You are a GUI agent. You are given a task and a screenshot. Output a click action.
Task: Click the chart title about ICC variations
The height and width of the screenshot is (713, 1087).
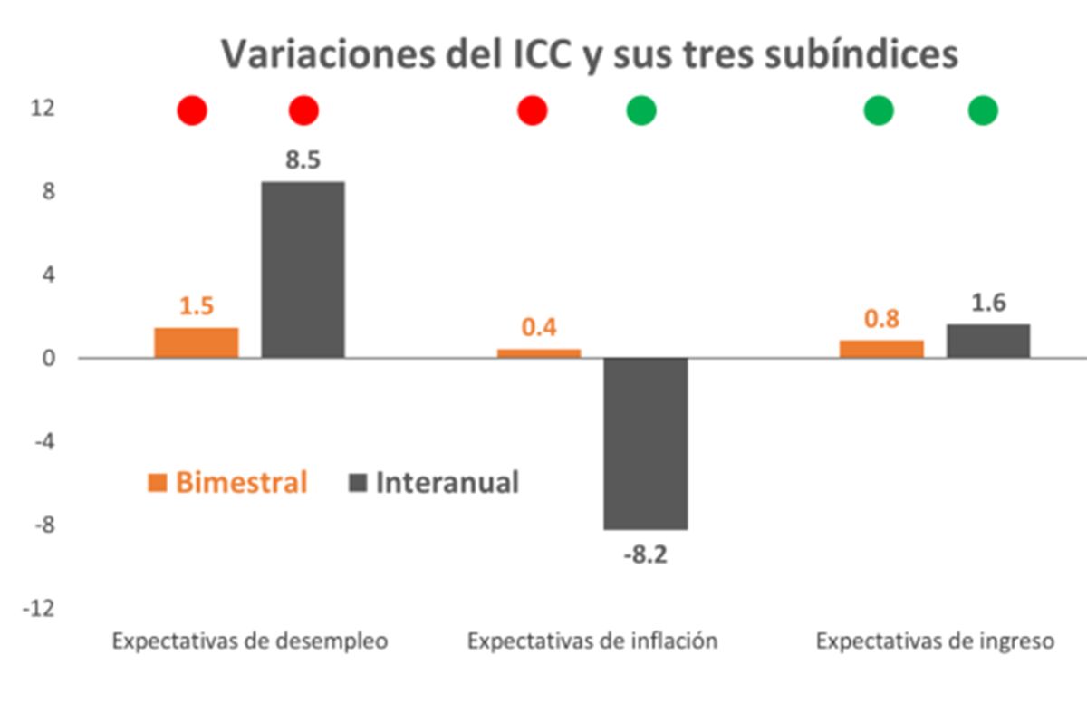click(590, 54)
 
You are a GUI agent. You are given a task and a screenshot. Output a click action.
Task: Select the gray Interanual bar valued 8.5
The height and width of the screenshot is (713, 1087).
click(303, 269)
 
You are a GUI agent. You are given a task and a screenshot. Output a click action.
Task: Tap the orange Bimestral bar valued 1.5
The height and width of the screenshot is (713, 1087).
click(196, 342)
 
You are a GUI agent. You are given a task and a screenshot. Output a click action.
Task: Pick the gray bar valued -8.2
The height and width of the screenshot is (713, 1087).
click(646, 443)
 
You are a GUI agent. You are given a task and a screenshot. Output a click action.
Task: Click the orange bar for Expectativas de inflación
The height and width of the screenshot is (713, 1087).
click(539, 353)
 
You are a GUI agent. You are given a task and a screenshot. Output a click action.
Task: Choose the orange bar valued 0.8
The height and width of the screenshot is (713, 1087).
click(881, 349)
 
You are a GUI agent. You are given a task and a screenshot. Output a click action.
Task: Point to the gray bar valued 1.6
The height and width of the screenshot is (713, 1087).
click(988, 341)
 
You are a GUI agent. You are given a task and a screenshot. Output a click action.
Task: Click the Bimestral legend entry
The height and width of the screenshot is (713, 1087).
click(228, 482)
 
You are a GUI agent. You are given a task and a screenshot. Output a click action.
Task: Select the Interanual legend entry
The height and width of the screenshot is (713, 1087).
click(434, 482)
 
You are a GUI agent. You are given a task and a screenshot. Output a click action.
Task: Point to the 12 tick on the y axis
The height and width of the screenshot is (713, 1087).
click(42, 109)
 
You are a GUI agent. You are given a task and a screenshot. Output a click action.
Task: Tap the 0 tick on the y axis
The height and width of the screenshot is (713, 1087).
click(48, 358)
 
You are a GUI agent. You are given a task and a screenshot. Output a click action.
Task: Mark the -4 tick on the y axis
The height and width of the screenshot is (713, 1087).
click(42, 441)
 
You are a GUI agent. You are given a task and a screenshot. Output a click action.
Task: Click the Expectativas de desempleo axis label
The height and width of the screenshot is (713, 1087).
click(249, 641)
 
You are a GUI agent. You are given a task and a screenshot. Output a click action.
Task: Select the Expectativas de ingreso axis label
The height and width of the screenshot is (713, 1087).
click(935, 641)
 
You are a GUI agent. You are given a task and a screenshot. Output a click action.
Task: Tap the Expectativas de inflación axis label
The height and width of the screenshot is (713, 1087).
click(592, 641)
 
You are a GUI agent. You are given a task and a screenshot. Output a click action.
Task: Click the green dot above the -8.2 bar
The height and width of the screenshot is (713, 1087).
click(641, 111)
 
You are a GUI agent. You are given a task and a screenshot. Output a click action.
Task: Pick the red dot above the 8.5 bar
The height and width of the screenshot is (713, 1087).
click(303, 111)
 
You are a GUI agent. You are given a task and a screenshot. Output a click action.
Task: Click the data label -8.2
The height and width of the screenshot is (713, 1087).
click(645, 555)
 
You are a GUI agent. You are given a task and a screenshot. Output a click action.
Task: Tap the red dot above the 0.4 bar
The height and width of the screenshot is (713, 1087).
click(533, 111)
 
